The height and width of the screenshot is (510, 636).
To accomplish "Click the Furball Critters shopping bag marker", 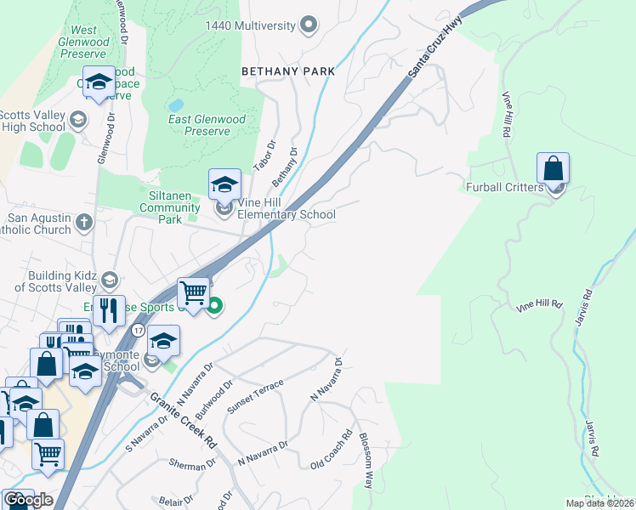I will [553, 170].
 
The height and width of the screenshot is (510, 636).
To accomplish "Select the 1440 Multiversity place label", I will [253, 25].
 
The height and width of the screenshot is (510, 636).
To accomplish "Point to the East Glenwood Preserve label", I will [207, 125].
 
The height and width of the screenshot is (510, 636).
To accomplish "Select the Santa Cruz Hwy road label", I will [433, 52].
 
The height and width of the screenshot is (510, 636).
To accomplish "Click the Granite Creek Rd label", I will [184, 422].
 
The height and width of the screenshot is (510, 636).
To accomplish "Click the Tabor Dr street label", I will [265, 156].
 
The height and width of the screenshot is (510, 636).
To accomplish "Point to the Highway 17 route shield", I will [138, 329].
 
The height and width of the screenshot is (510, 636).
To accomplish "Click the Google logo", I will [28, 500].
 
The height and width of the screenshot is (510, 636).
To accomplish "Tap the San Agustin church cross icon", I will [83, 224].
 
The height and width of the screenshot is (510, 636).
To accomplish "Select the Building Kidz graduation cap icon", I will [109, 280].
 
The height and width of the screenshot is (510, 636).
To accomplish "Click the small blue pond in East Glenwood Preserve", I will [176, 104].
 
